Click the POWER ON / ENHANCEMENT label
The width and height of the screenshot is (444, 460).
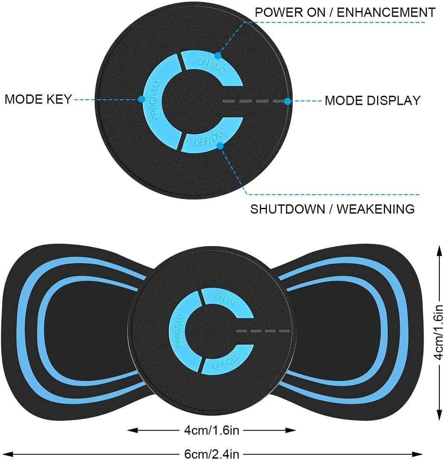345,12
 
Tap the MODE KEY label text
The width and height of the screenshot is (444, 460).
38,100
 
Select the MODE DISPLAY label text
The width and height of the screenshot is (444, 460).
373,101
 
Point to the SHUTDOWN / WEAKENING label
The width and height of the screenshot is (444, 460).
332,209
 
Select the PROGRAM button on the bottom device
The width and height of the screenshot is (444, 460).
180,331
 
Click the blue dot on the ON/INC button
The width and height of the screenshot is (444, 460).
218,55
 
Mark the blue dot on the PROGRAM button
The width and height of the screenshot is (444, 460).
141,100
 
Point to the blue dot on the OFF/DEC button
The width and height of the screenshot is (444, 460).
220,146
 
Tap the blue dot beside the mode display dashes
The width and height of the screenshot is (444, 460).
288,101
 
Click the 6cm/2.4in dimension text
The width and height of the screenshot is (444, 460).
212,454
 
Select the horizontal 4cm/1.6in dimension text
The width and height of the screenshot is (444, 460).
212,430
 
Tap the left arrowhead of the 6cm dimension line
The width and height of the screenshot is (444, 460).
5,454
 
